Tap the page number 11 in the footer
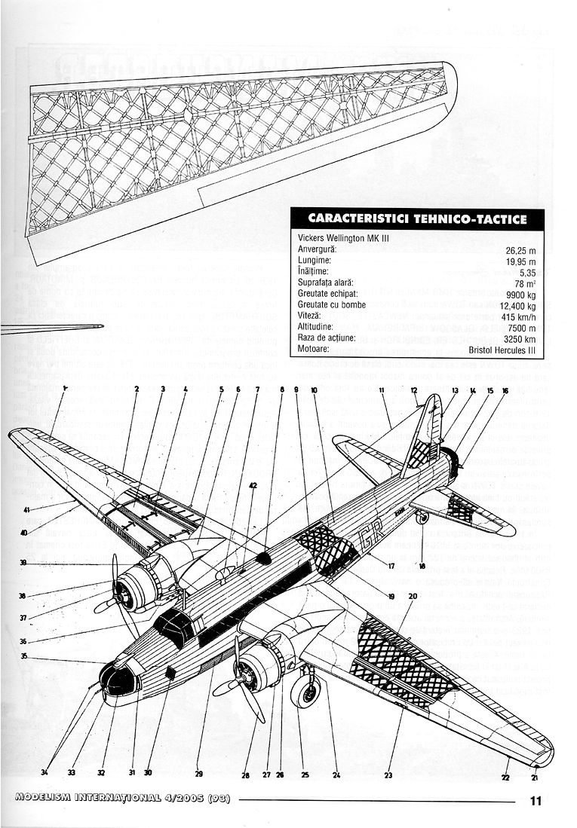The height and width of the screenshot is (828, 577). pos(536,802)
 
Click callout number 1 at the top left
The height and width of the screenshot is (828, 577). pos(66,389)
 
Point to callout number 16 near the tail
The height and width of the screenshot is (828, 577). pos(505,390)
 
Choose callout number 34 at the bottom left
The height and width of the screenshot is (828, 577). pos(45,771)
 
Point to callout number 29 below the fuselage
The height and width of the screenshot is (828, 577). pos(199,773)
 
